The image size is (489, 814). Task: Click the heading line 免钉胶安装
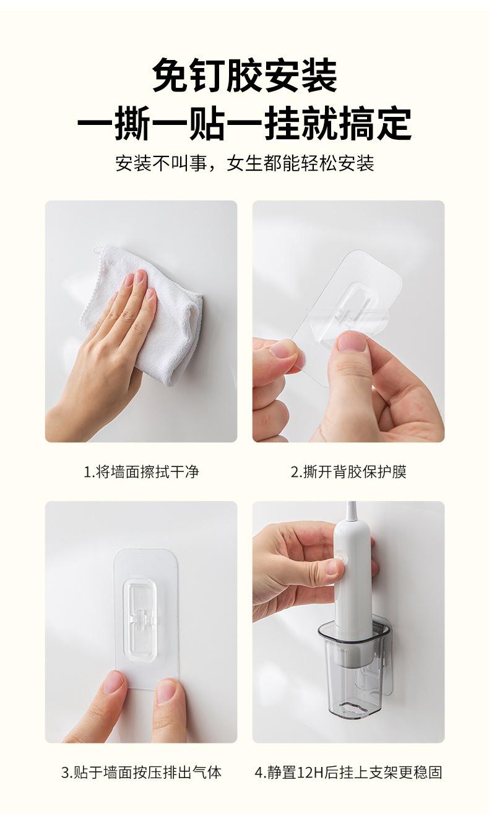244,77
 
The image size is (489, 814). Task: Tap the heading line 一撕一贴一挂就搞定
244,124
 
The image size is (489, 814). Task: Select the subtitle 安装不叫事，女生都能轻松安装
244,163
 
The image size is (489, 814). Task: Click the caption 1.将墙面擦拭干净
141,472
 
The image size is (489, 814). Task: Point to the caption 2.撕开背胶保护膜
348,472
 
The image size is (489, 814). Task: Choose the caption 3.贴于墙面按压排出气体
141,772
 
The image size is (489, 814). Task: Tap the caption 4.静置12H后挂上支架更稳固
348,772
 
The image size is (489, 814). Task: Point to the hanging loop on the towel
97,251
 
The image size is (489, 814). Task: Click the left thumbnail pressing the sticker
113,683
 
